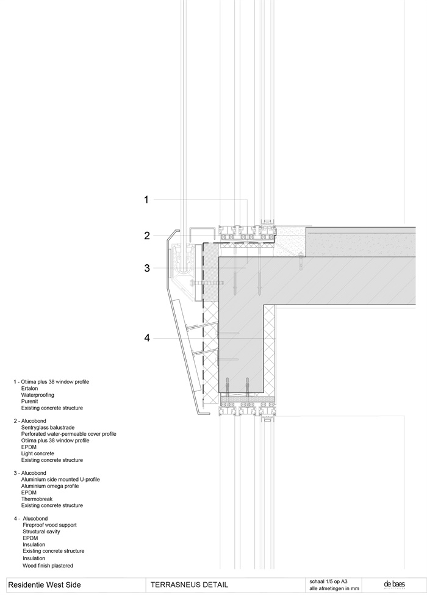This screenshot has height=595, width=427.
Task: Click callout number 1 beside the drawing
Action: [x=146, y=200]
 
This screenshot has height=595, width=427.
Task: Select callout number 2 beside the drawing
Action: [x=147, y=236]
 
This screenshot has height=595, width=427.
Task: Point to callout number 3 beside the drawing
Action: [x=147, y=267]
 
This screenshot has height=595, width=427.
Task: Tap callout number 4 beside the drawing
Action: [x=147, y=337]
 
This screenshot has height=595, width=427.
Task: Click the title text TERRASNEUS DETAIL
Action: [x=189, y=585]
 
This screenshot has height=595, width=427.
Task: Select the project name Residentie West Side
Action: [x=44, y=585]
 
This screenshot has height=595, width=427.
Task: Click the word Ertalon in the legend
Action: [x=30, y=388]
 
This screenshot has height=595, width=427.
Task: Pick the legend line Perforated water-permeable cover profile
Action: [x=68, y=434]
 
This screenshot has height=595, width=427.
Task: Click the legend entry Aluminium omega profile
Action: [x=50, y=486]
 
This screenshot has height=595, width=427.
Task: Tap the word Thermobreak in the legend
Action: [x=38, y=499]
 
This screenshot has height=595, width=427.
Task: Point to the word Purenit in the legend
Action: [x=30, y=402]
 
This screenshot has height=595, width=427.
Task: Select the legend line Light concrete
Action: [x=38, y=453]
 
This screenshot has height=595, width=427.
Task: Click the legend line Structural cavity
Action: [x=43, y=532]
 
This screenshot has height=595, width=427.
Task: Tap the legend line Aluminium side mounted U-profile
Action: [x=60, y=479]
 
